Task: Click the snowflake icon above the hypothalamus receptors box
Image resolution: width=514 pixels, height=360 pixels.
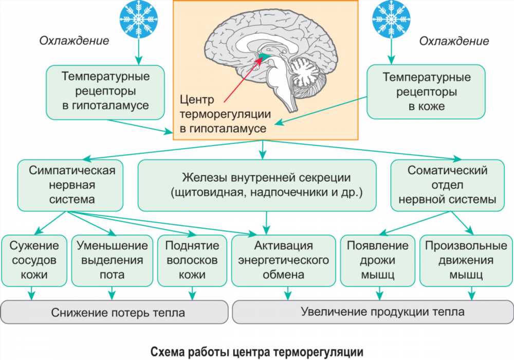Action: pos(139,19)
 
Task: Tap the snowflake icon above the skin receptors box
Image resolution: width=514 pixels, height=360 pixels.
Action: pos(391,19)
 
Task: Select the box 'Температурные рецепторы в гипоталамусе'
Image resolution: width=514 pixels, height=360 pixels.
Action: pos(105,93)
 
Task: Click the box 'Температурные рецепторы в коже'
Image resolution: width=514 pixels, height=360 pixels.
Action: pos(426,92)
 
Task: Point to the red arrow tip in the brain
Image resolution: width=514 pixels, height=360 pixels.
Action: pos(262,59)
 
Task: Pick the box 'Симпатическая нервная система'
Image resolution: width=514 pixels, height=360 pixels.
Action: pos(70,185)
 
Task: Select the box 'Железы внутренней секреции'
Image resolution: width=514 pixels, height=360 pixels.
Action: pos(258,185)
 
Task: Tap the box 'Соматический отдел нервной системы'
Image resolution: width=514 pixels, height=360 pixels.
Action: pos(448,185)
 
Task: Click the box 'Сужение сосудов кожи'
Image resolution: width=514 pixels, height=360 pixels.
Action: pos(34,261)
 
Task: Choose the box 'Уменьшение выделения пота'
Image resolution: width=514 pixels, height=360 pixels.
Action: pos(112,261)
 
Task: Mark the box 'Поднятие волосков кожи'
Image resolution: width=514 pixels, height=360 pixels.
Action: pos(192,261)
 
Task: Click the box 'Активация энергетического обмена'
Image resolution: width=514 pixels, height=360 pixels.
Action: pos(284,261)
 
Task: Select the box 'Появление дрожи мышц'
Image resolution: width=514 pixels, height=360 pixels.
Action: pos(378,261)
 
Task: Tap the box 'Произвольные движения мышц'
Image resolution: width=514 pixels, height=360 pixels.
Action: pos(466,261)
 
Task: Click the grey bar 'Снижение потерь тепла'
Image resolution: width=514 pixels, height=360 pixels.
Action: pos(114,312)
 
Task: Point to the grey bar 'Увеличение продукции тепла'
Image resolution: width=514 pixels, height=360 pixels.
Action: pos(373,312)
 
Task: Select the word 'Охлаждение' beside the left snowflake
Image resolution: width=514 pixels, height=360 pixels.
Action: pos(74,41)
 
